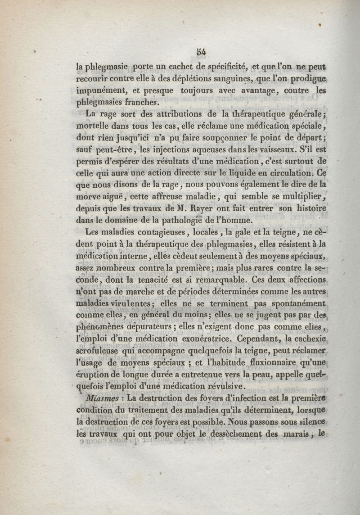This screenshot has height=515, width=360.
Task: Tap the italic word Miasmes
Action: pyautogui.click(x=104, y=398)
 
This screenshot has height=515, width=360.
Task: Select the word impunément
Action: pyautogui.click(x=100, y=90)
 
